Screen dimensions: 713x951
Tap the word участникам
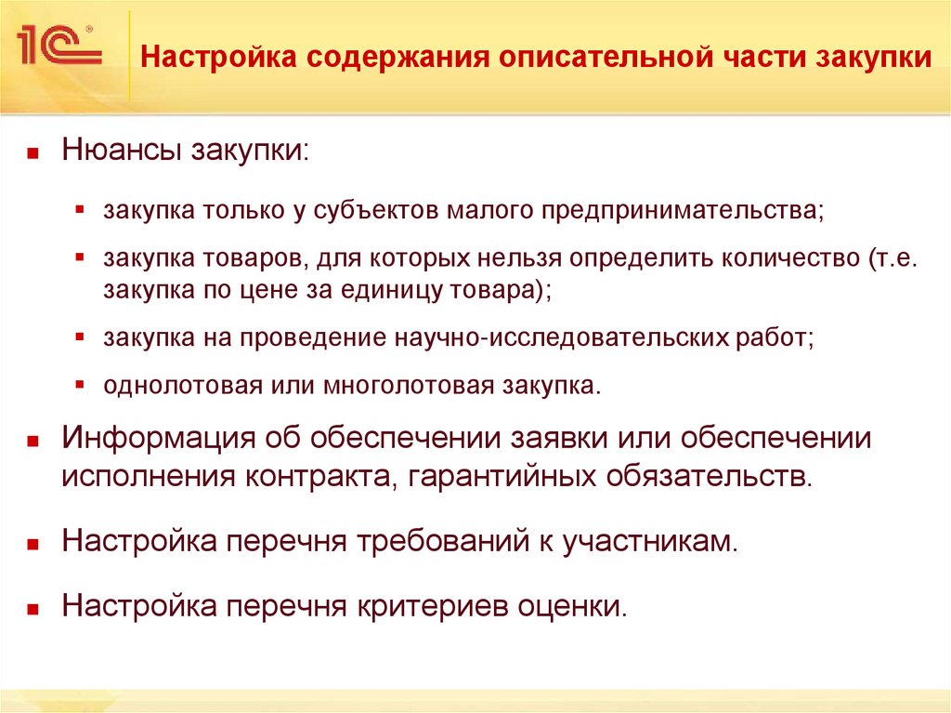click(x=647, y=542)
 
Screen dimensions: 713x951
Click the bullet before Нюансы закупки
click(x=33, y=152)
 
